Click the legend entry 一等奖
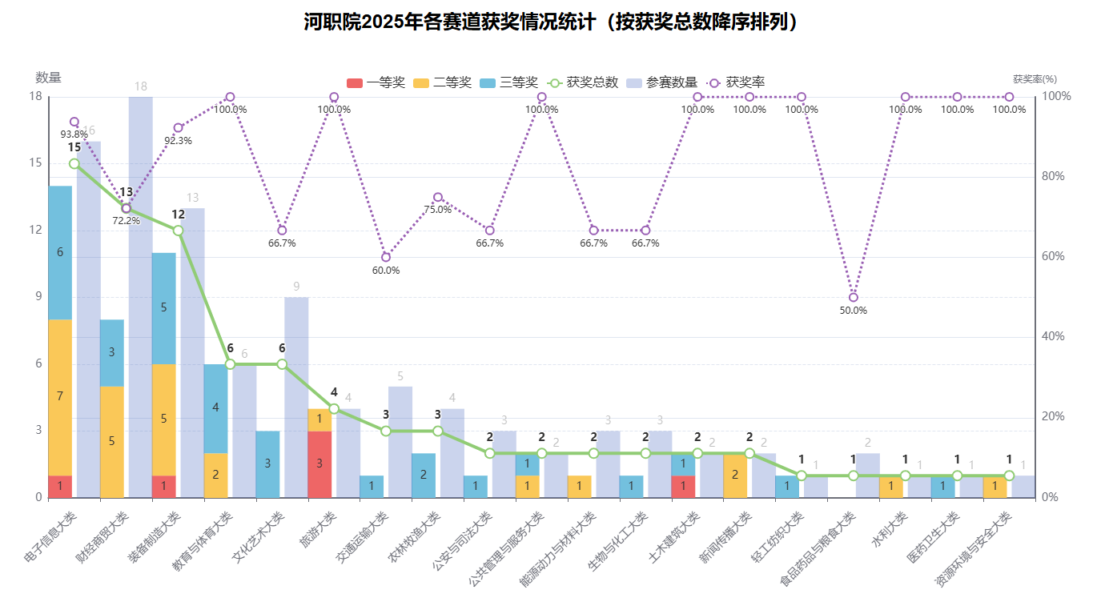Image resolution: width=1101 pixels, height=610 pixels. tap(376, 82)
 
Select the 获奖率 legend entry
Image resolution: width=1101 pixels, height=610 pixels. tap(736, 82)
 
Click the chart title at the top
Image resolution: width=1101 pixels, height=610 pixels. tap(551, 22)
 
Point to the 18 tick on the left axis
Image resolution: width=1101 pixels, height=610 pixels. tap(35, 97)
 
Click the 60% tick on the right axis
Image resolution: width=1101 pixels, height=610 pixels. tap(1053, 257)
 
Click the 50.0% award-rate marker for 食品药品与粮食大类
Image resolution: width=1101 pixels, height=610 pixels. tap(854, 297)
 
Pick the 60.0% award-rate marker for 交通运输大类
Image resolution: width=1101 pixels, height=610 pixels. tap(386, 257)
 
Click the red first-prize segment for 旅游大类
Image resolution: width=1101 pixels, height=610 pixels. tap(319, 464)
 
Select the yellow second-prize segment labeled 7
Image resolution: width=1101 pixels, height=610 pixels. tap(60, 397)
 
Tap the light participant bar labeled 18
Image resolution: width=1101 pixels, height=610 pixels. tap(141, 296)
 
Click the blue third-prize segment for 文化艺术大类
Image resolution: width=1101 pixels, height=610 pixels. tap(267, 464)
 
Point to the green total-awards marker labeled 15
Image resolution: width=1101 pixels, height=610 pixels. tap(74, 163)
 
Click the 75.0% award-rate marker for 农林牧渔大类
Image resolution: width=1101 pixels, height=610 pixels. tap(438, 197)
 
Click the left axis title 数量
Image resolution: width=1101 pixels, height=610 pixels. tap(48, 78)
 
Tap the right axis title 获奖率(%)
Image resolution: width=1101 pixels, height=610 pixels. tap(1035, 79)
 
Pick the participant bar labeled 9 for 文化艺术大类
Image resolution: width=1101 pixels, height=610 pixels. tap(296, 397)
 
